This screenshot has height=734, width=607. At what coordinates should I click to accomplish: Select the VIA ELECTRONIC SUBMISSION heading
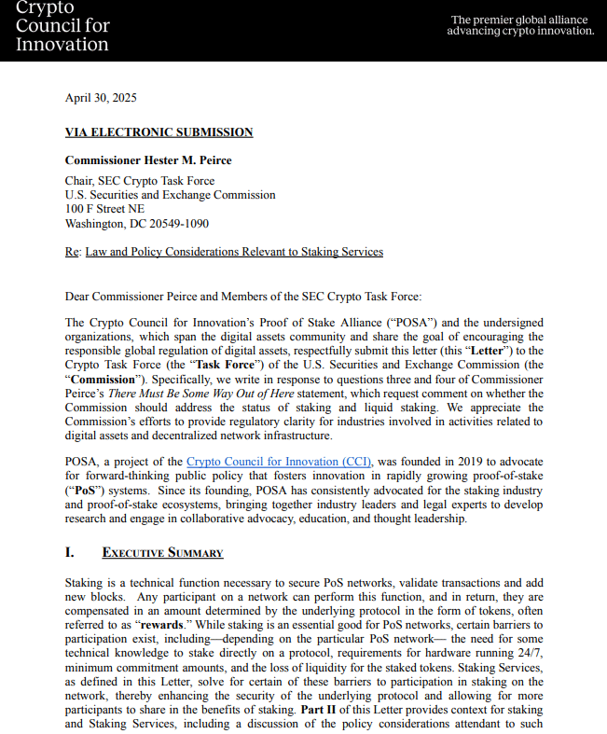pos(159,132)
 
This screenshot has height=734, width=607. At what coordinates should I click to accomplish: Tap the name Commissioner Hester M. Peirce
pos(148,160)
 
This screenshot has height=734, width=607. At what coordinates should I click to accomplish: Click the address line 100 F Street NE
pos(104,210)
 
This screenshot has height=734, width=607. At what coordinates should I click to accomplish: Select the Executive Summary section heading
pos(162,553)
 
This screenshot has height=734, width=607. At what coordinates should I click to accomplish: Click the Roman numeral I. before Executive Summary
pos(70,553)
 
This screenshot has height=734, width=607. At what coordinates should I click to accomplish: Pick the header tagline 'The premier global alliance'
pos(520,20)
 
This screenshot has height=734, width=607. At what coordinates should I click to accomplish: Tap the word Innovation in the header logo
pos(62,44)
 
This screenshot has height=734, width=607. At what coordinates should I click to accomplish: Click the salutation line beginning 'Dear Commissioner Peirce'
pos(243,297)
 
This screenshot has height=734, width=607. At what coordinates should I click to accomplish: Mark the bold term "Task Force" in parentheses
pos(225,365)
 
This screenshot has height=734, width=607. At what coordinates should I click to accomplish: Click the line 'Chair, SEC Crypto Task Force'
pos(140,181)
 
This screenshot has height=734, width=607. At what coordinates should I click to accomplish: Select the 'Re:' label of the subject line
pos(72,252)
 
